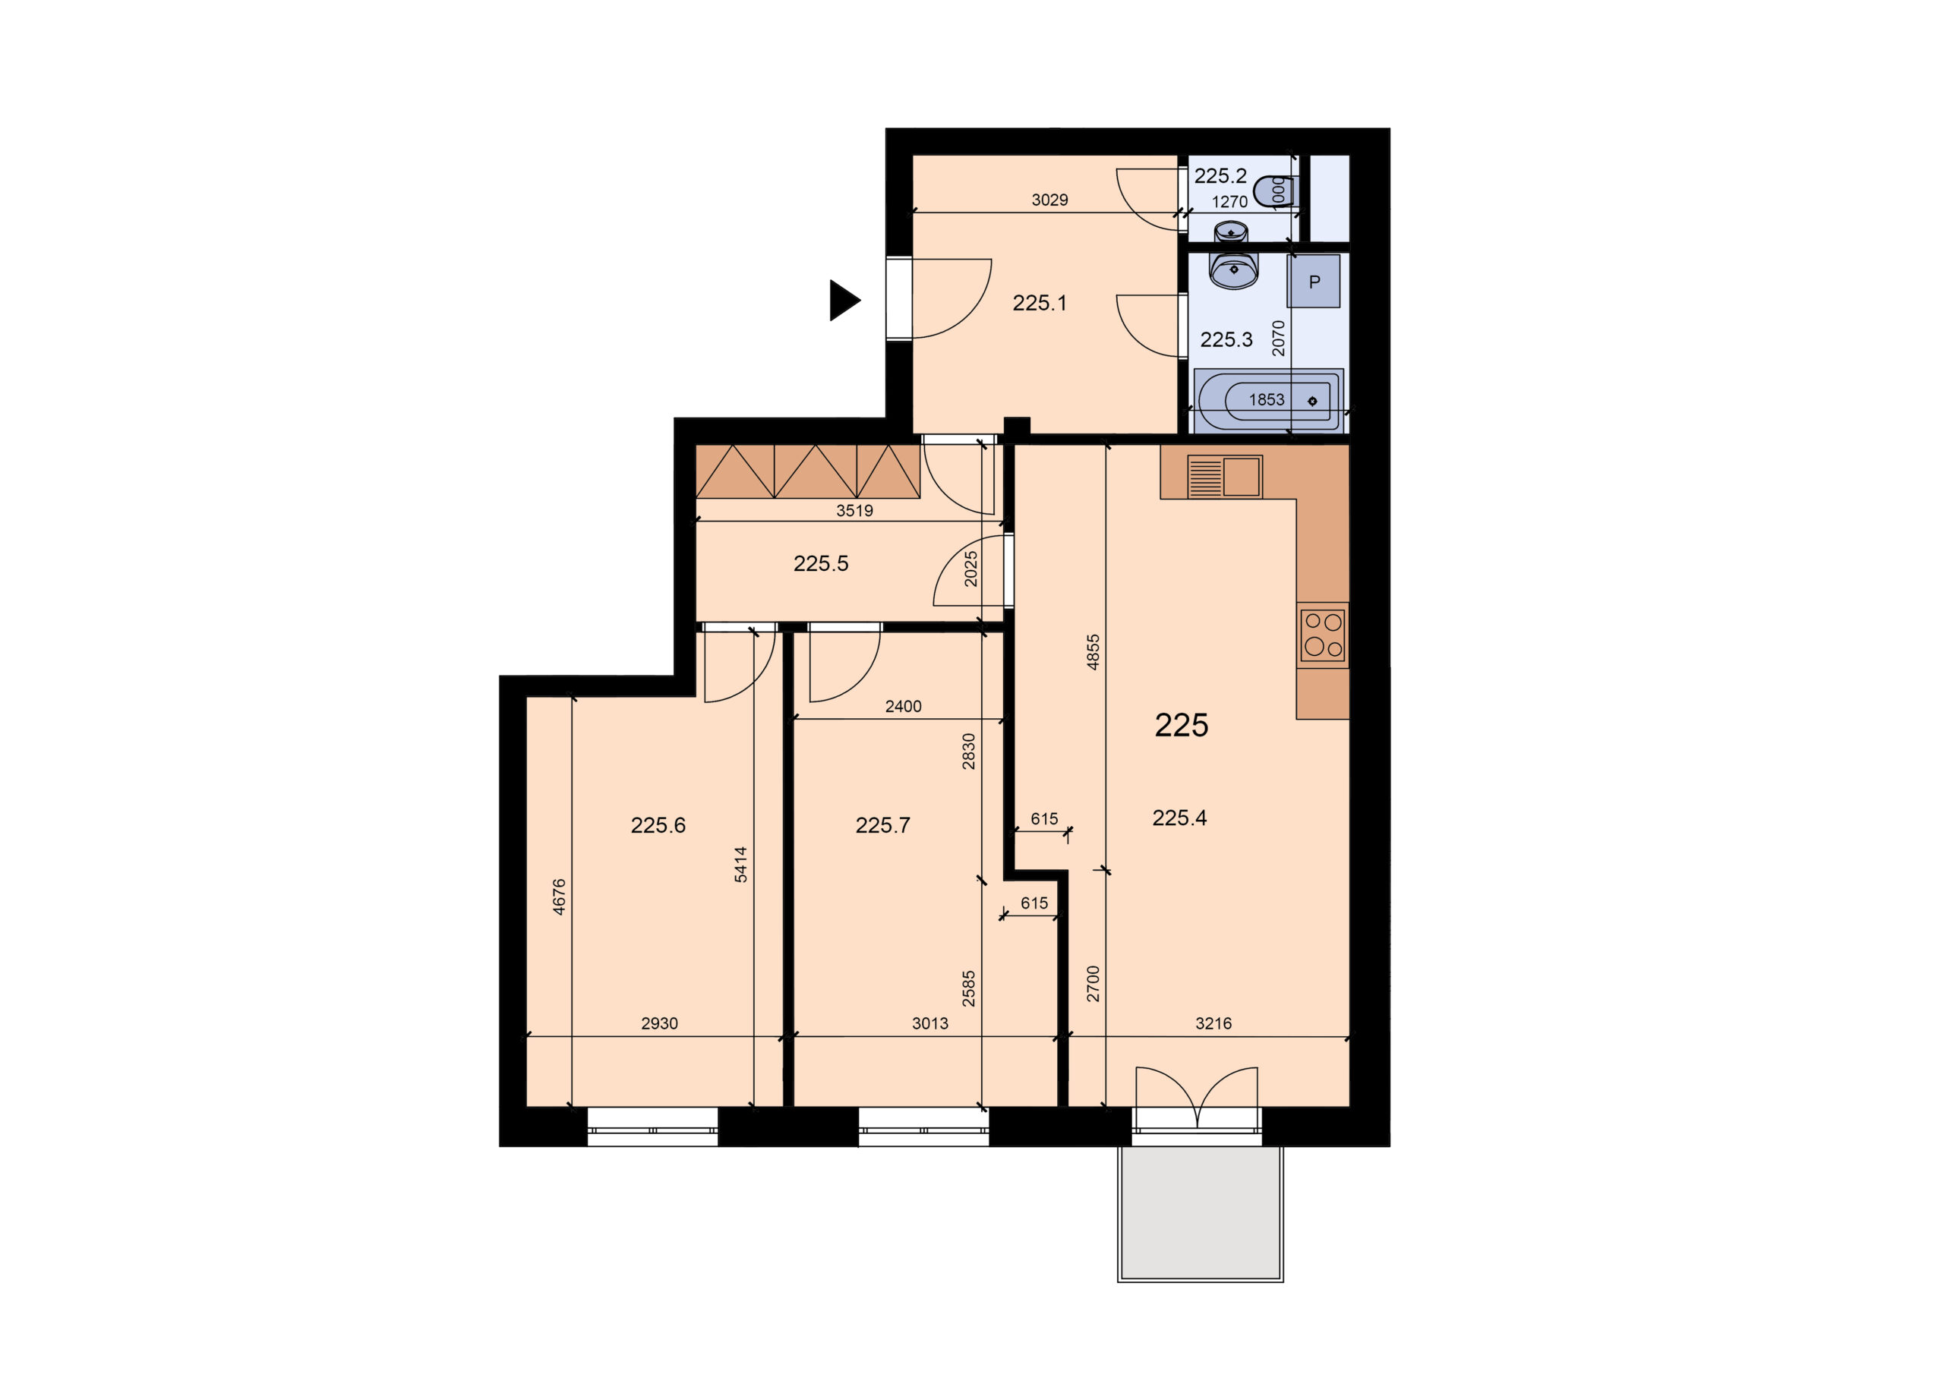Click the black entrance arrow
tap(844, 301)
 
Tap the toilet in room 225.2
tap(1273, 191)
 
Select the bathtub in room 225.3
tap(1267, 399)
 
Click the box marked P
tap(1313, 281)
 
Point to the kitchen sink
tap(1225, 477)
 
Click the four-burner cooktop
tap(1324, 635)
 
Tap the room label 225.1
tap(1040, 303)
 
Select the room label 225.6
tap(658, 825)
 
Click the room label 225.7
tap(882, 825)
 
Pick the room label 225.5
tap(820, 564)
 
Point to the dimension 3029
tap(1050, 200)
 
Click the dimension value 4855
tap(1093, 652)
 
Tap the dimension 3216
tap(1213, 1023)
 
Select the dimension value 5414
tap(741, 865)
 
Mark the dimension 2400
tap(904, 706)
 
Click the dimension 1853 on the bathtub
tap(1267, 399)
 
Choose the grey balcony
tap(1200, 1214)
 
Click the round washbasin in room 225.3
tap(1234, 269)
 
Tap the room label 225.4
tap(1179, 818)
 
